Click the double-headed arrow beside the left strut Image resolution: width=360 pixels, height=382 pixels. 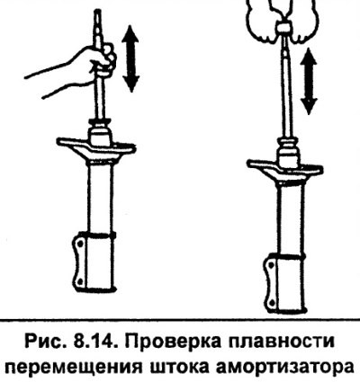coord(130,58)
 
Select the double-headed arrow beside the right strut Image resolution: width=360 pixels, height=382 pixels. coord(309,81)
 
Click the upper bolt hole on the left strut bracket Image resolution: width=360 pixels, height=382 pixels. coord(80,244)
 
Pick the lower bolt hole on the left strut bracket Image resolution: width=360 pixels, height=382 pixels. coord(79,281)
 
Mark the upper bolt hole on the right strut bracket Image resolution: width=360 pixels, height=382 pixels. coord(271,265)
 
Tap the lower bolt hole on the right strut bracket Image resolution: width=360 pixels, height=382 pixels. coord(271,302)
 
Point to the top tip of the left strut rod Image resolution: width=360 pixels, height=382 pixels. coord(98,11)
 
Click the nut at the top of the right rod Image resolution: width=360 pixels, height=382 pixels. coord(283,28)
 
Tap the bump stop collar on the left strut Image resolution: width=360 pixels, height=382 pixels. coord(99,132)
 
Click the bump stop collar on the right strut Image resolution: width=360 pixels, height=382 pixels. coord(288,154)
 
